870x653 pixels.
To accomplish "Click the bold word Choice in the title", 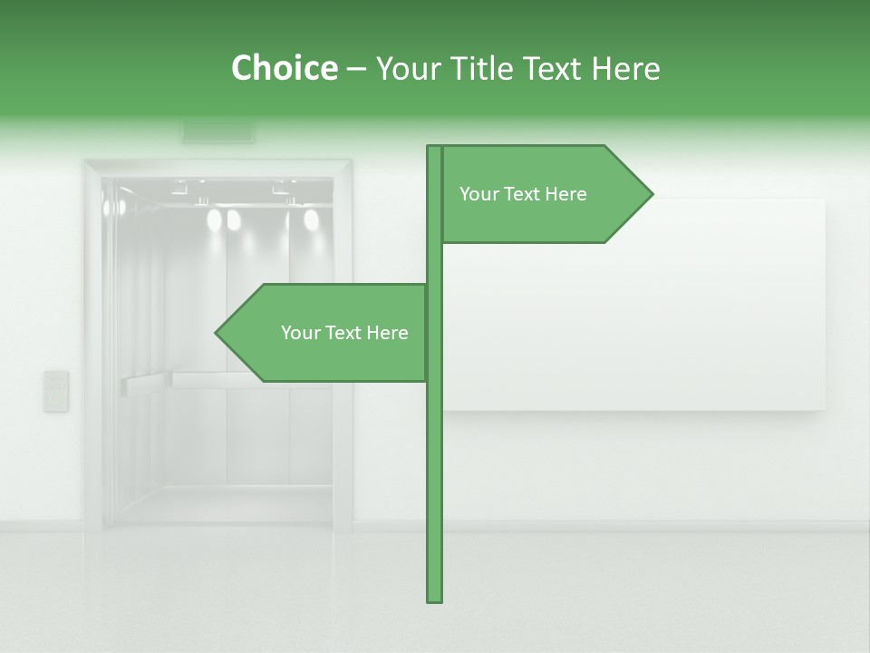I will [284, 69].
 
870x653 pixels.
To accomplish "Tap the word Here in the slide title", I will [624, 69].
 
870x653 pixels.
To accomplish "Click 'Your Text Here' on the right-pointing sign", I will [523, 194].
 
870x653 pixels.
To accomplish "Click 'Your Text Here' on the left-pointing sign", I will [344, 333].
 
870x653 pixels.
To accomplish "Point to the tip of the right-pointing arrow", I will [651, 194].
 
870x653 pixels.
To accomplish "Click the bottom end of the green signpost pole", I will [435, 599].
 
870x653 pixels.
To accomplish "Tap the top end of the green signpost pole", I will [435, 149].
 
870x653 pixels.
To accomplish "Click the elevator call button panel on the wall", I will [56, 391].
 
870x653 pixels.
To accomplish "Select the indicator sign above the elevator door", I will [218, 132].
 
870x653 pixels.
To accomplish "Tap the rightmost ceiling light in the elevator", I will [311, 219].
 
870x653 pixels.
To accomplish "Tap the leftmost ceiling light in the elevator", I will [214, 219].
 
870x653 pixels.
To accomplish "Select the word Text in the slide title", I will [553, 69].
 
